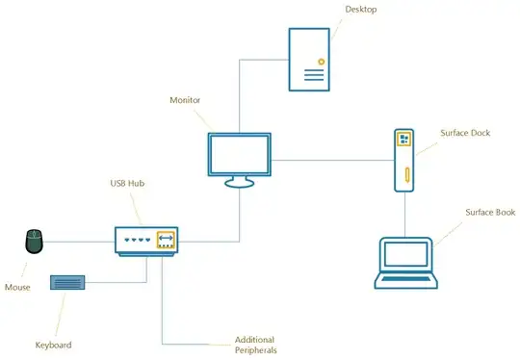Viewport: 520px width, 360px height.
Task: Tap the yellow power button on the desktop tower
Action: point(322,61)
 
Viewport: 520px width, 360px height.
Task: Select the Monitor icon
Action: point(240,155)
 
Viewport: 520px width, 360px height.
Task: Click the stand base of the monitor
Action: point(240,183)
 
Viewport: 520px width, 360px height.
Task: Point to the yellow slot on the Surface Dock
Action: point(405,177)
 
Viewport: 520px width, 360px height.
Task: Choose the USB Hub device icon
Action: point(147,240)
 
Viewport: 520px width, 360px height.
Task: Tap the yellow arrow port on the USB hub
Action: point(166,240)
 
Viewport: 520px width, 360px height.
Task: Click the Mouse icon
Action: point(35,241)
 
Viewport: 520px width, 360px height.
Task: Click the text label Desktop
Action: point(360,10)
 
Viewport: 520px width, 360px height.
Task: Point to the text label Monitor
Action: point(185,99)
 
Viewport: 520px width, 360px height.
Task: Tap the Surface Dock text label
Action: point(466,133)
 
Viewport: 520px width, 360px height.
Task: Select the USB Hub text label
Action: point(126,184)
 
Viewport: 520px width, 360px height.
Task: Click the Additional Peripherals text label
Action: point(255,345)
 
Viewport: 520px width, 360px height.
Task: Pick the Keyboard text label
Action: point(53,345)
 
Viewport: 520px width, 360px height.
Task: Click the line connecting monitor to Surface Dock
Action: point(331,160)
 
